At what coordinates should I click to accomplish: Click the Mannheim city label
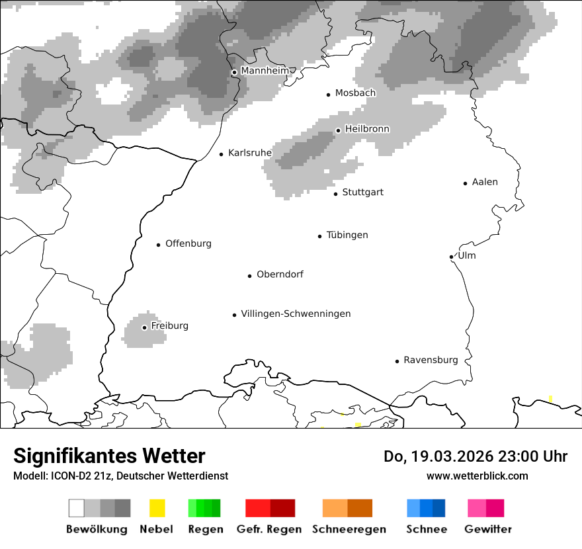click(265, 71)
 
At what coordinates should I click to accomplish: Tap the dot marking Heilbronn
click(338, 130)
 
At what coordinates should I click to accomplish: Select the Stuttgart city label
click(362, 192)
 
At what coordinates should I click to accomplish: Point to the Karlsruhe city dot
click(222, 154)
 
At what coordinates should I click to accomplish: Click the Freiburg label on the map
click(169, 326)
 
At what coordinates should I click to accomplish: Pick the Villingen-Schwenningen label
click(296, 314)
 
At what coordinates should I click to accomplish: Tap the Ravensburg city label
click(431, 360)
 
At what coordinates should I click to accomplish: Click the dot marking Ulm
click(451, 257)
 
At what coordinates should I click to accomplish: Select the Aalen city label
click(485, 183)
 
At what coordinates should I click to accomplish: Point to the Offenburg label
click(188, 244)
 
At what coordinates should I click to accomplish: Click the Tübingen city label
click(347, 235)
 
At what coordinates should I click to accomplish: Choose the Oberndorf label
click(280, 274)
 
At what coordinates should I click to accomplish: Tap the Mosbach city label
click(355, 93)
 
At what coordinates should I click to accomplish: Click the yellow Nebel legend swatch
click(157, 508)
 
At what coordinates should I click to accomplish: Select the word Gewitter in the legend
click(488, 529)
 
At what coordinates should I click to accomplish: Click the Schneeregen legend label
click(349, 529)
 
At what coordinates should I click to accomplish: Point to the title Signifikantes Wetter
click(109, 456)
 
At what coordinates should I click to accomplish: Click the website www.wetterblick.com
click(477, 476)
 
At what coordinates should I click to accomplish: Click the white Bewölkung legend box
click(77, 508)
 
